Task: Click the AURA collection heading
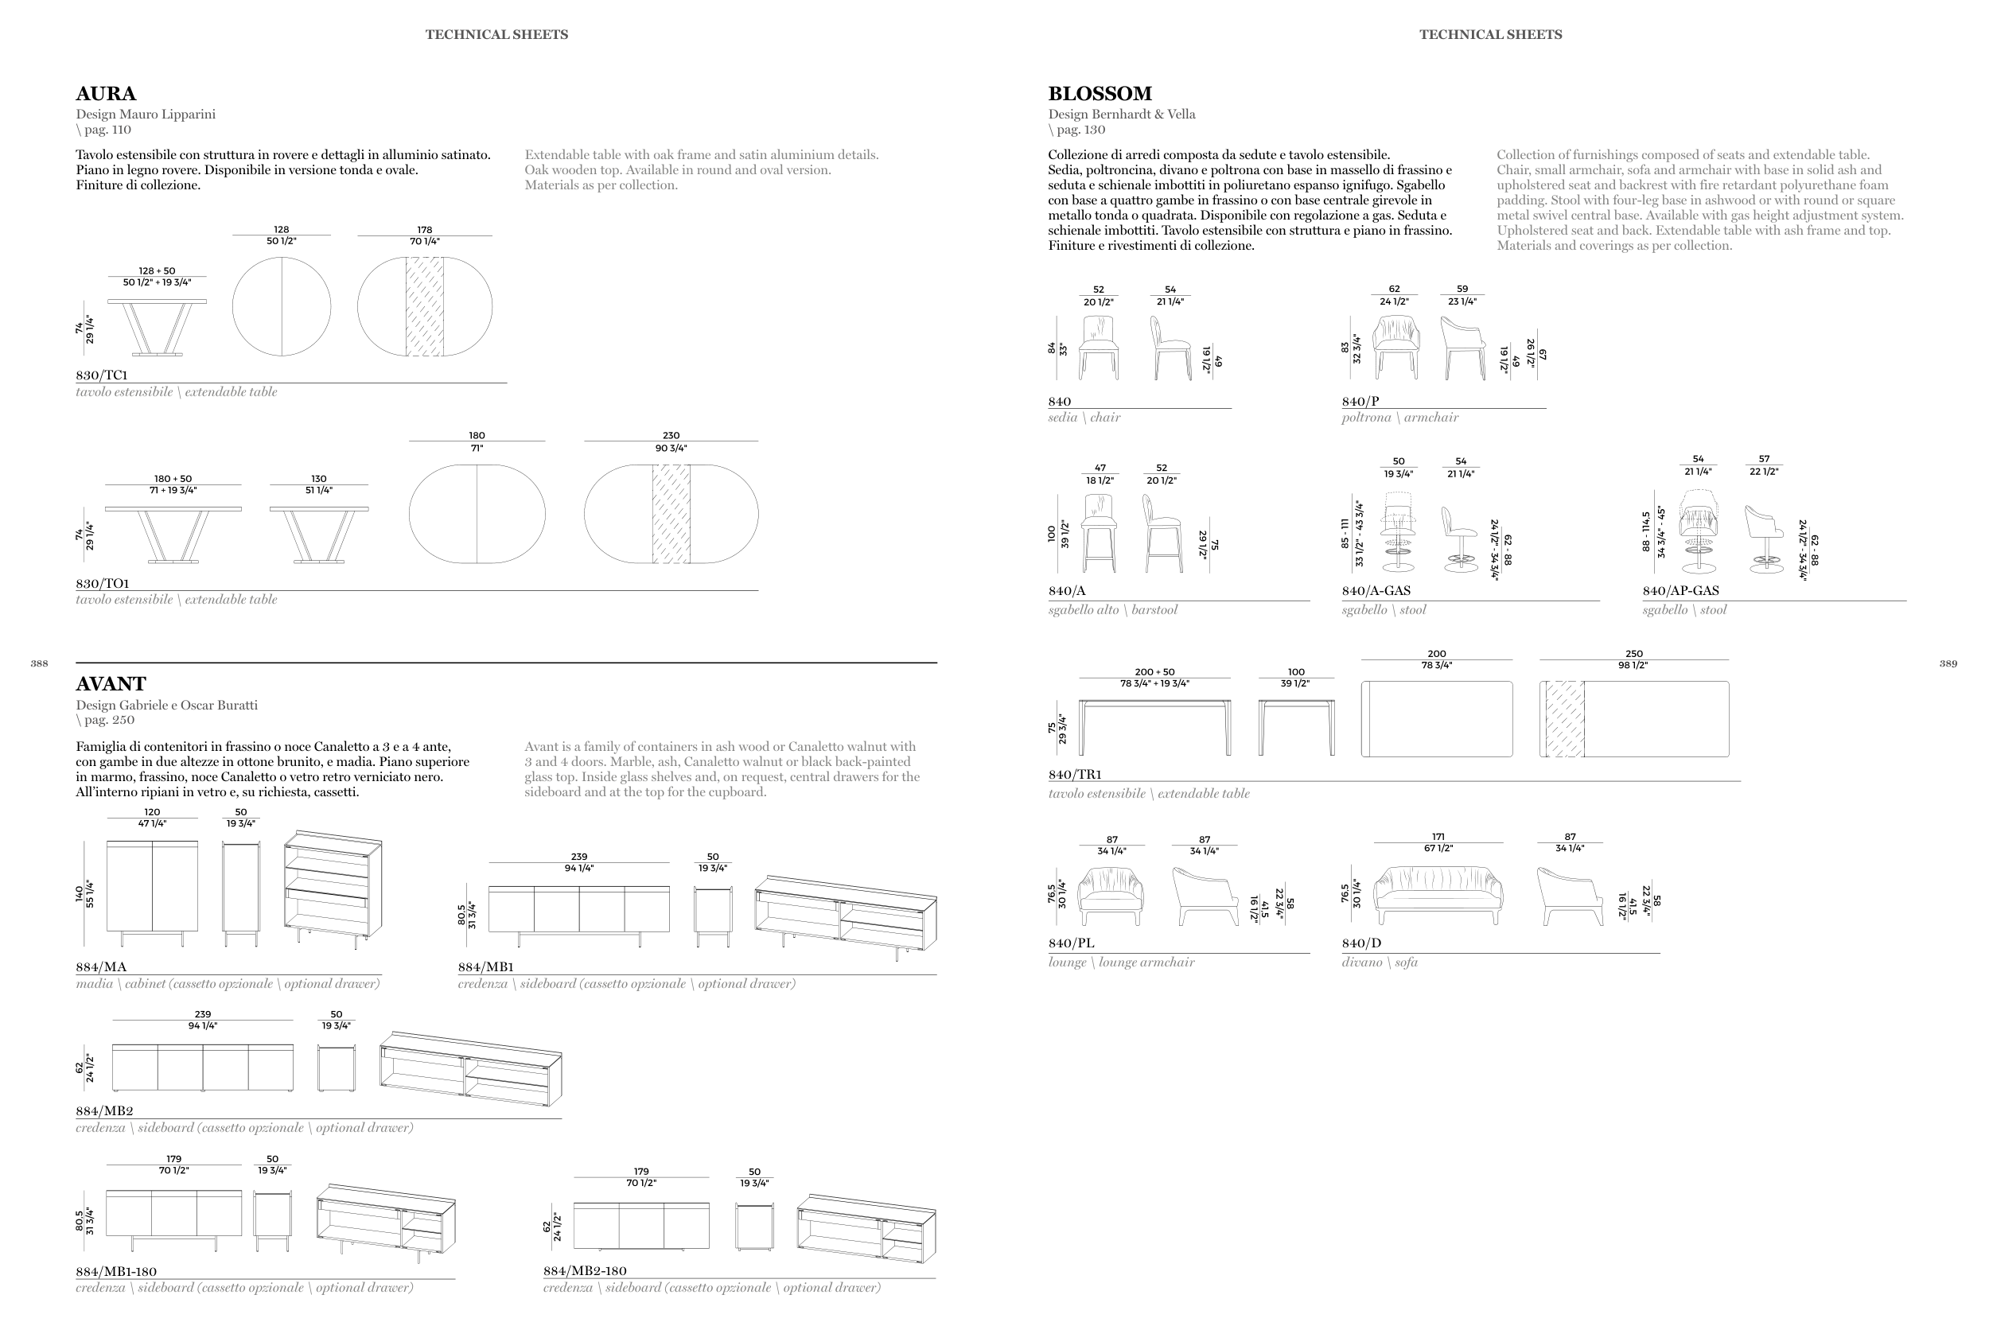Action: click(x=106, y=94)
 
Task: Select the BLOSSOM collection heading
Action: click(x=1100, y=94)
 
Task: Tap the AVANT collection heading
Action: click(x=111, y=684)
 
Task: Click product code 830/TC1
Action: click(x=102, y=375)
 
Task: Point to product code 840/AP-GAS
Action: click(x=1680, y=590)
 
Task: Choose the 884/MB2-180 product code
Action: click(x=584, y=1270)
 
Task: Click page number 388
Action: click(x=39, y=664)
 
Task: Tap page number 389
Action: click(x=1948, y=664)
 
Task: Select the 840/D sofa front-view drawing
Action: click(x=1438, y=895)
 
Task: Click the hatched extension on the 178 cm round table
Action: click(x=425, y=306)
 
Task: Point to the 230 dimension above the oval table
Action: click(x=671, y=436)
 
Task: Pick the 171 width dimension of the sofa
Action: click(x=1438, y=836)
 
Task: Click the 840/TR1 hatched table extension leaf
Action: click(x=1564, y=719)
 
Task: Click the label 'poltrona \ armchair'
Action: click(x=1399, y=417)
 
